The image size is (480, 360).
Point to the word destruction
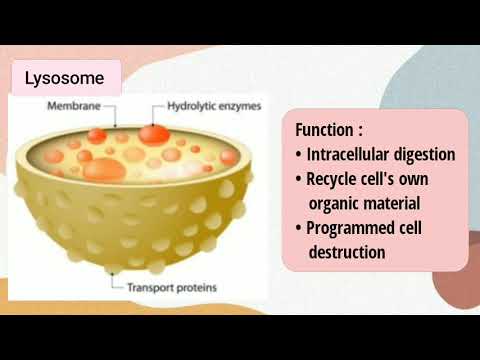coord(347,252)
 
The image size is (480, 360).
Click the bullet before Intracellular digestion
coord(300,154)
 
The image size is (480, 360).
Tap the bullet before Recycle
coord(300,179)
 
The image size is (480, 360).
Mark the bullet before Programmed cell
coord(300,228)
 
